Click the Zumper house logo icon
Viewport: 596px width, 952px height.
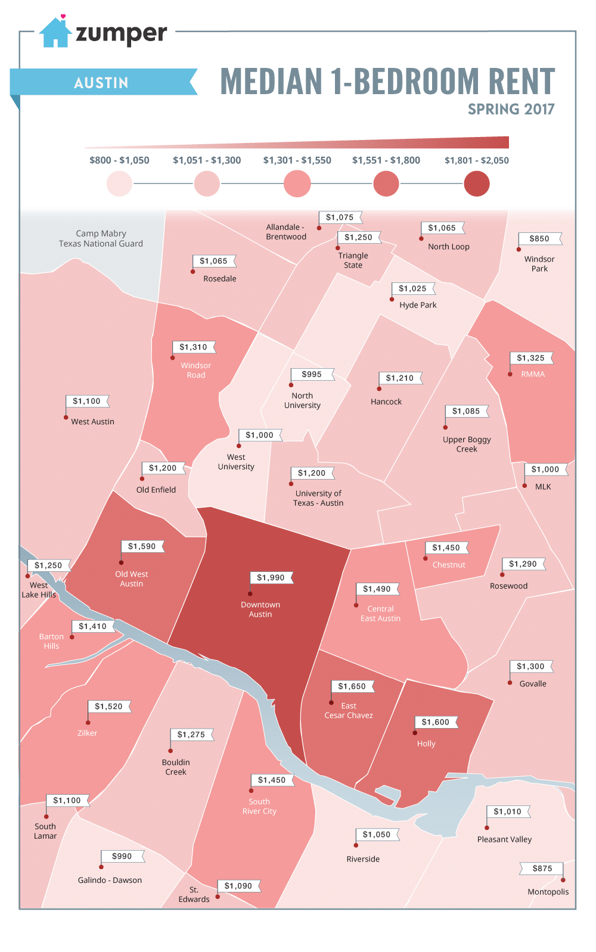point(55,33)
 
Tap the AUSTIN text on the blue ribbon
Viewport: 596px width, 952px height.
point(101,83)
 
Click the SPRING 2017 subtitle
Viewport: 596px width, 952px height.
point(511,110)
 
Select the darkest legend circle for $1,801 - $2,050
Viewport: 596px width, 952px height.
point(476,183)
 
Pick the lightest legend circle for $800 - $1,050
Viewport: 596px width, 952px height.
point(119,183)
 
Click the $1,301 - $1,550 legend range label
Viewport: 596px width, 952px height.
point(297,160)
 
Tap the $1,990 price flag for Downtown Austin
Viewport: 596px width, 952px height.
point(271,577)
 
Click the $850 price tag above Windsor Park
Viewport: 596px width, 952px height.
point(539,238)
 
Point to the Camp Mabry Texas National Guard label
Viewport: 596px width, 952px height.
point(101,238)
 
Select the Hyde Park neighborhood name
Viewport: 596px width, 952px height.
point(418,305)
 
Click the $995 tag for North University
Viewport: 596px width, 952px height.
point(311,374)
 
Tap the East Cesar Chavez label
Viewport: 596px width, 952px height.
point(349,711)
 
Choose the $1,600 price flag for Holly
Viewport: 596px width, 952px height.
point(435,722)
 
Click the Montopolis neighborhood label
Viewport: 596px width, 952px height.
point(548,892)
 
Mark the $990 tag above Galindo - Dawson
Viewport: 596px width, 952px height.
point(122,856)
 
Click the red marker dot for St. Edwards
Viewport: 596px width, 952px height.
point(218,896)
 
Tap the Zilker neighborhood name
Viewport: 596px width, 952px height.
point(87,733)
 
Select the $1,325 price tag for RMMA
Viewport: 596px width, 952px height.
point(530,358)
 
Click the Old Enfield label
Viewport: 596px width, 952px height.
point(156,490)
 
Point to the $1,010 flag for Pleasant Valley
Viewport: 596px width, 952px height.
point(507,811)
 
